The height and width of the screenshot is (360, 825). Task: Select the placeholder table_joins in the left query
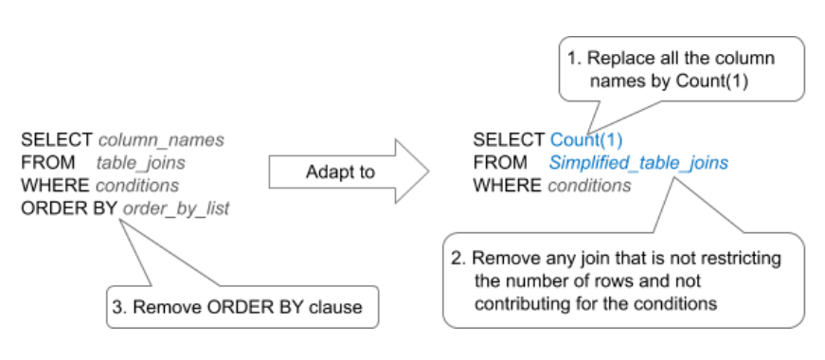(141, 162)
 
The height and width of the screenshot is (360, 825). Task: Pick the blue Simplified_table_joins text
(638, 163)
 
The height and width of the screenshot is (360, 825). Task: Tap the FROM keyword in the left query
(46, 162)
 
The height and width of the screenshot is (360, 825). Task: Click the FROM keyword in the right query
(499, 163)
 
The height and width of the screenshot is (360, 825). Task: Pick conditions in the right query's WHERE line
(589, 185)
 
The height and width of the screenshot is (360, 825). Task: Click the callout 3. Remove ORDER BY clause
(242, 306)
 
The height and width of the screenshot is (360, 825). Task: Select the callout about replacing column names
(680, 69)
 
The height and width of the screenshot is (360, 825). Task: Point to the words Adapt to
(340, 171)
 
